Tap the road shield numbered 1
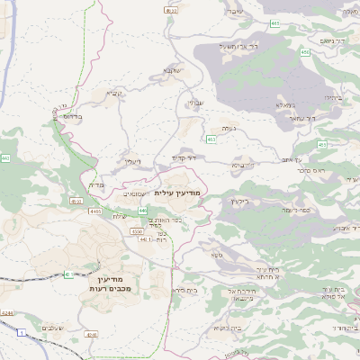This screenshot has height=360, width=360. click(x=19, y=333)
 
